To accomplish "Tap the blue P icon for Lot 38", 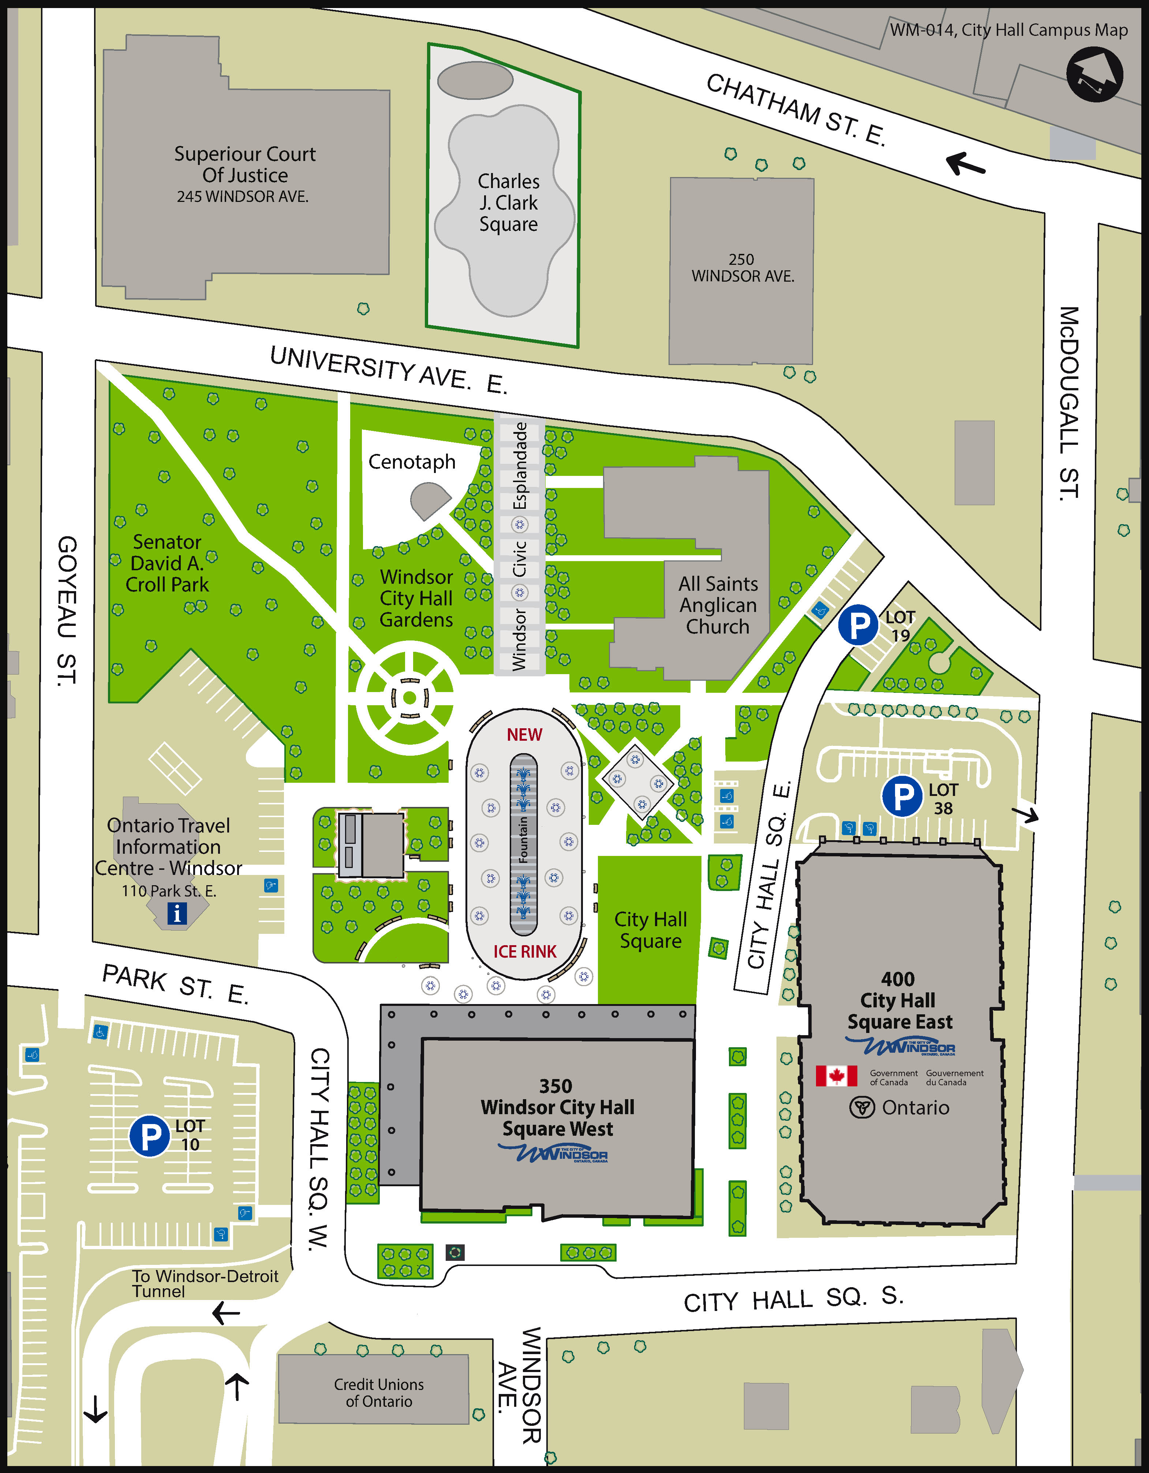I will tap(902, 797).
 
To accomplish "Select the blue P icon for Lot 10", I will tap(149, 1136).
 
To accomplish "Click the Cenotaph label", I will tap(412, 462).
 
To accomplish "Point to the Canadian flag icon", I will tap(836, 1076).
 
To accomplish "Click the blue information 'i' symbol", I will tap(177, 914).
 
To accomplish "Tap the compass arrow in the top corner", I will tap(1094, 74).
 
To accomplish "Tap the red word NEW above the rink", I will tap(524, 734).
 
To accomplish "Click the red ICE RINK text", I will tap(524, 952).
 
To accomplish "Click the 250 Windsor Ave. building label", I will tap(742, 268).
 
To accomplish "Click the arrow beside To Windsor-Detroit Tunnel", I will tap(226, 1313).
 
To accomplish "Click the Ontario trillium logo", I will tap(861, 1108).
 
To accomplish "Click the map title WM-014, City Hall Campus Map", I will tap(1008, 30).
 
